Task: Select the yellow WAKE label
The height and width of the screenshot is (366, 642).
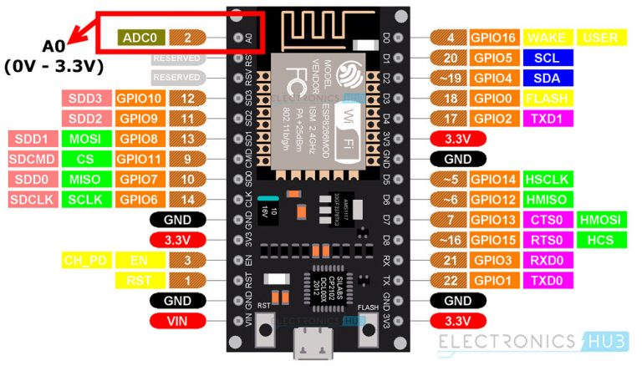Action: click(547, 38)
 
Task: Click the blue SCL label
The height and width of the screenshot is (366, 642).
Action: click(547, 58)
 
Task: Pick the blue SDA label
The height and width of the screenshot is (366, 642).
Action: click(547, 79)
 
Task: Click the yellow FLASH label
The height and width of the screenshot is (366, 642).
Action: click(547, 99)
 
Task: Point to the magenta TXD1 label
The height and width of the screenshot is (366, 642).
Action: click(547, 119)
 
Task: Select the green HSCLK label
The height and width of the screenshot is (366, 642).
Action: click(547, 179)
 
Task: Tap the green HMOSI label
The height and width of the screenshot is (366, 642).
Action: click(600, 219)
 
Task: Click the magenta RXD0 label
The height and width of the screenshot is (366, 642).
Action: click(547, 260)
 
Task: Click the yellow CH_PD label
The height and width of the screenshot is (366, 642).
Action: click(86, 260)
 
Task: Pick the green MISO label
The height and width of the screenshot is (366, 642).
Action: click(86, 179)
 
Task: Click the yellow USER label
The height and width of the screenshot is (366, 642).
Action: click(600, 38)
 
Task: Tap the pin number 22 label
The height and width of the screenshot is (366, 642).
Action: click(452, 280)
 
